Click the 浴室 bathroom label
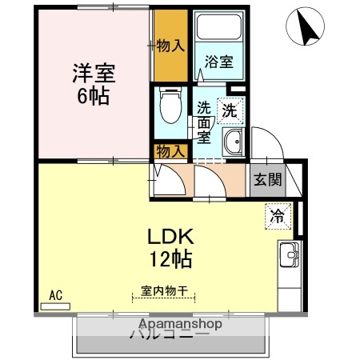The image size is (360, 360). click(218, 62)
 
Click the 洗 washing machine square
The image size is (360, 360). click(230, 111)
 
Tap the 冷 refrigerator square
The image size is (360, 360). click(276, 215)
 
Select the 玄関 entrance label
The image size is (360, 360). click(268, 180)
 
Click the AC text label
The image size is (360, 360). click(55, 295)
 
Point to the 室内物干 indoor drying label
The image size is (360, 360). click(164, 293)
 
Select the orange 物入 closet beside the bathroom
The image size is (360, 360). click(170, 45)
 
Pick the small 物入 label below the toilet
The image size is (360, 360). click(170, 150)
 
